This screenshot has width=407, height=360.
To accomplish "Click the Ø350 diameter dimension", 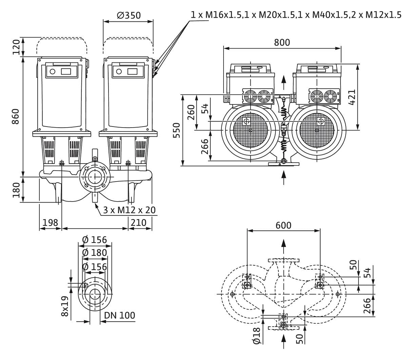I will pos(129,15).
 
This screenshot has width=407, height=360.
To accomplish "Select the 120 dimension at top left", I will pos(16,46).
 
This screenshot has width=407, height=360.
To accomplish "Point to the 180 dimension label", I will pos(16,190).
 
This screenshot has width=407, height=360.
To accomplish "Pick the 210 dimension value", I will pos(138,223).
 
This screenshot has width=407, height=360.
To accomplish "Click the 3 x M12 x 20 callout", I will pos(129,210).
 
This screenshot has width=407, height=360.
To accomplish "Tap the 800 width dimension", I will pos(282,42).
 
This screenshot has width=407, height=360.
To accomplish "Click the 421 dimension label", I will pos(352,97).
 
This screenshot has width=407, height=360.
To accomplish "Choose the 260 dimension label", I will pos(191,112).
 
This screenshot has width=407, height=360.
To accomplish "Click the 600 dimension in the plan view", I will pos(283,225).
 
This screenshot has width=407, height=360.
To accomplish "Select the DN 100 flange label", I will pos(119,315).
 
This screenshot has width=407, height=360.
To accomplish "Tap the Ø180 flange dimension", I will pos(95,253).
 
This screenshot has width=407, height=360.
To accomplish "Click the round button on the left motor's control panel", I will pos(52,72).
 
